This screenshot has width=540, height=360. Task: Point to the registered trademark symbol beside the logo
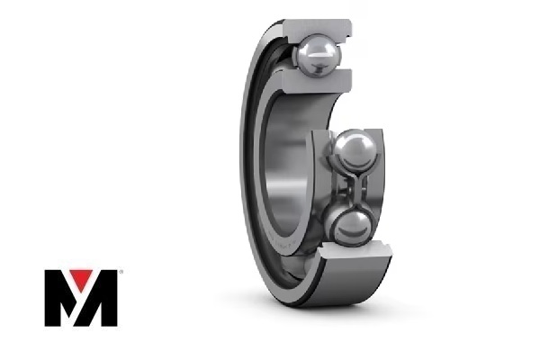coord(121,272)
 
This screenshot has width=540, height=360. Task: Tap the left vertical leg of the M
coord(52,298)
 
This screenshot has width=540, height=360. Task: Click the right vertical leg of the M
coord(109,298)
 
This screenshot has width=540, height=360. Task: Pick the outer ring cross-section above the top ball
coord(317,30)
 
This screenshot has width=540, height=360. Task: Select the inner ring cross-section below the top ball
coord(316,82)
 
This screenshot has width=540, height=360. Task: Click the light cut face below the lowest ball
coord(355,252)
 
